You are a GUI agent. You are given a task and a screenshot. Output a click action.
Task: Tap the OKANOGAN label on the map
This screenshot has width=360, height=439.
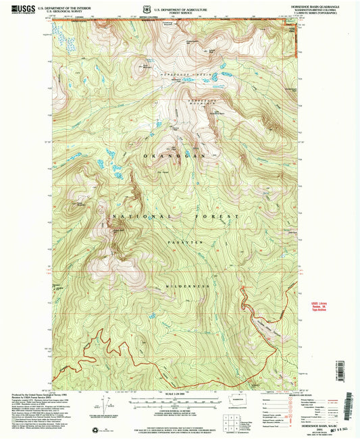[162, 156]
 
